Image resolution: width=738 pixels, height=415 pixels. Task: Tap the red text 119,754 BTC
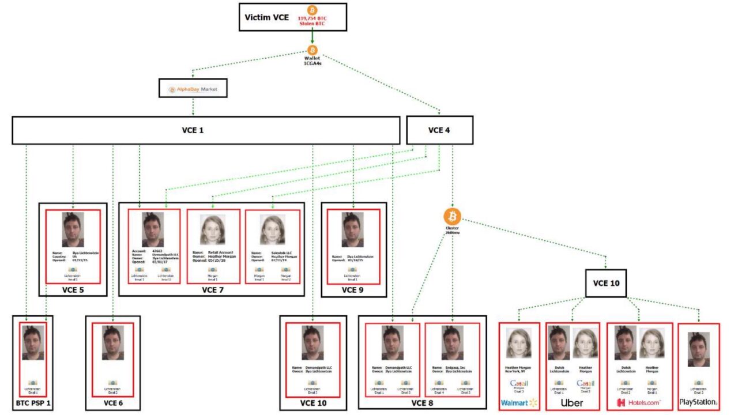[312, 18]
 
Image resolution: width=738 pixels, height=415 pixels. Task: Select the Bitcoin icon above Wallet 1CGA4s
[312, 51]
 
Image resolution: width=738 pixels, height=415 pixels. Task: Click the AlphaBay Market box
[193, 89]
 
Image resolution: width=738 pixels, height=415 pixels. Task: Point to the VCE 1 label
[194, 130]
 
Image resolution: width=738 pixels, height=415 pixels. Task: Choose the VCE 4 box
[439, 130]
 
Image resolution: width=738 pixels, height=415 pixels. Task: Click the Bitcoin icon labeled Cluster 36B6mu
[452, 217]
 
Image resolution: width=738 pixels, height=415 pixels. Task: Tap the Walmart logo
[519, 402]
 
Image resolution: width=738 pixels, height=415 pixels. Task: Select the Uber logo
[572, 402]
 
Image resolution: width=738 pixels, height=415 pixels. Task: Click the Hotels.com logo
[639, 402]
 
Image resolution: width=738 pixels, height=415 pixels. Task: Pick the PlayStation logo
[698, 402]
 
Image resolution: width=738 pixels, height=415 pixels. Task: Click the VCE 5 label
[73, 289]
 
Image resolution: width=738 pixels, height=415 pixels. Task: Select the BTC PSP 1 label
[32, 403]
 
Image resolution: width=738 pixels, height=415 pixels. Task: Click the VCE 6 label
[113, 403]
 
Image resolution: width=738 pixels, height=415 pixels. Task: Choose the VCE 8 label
[423, 403]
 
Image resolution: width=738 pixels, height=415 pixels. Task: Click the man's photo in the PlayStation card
[699, 349]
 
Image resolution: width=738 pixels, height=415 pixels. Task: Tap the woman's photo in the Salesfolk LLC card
[272, 229]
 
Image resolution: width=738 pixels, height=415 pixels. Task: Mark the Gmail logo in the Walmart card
[519, 384]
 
